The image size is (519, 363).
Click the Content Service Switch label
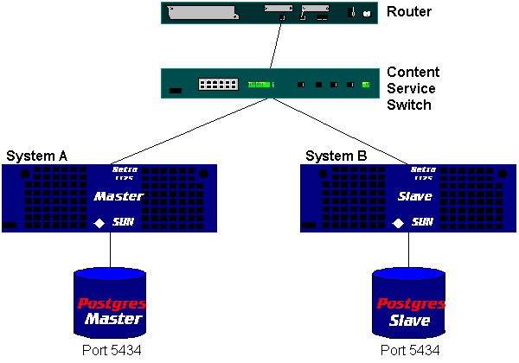point(413,89)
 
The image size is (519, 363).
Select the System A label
point(37,156)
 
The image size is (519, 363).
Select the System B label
point(336,156)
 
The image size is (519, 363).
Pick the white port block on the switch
point(218,85)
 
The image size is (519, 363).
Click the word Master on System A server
point(118,196)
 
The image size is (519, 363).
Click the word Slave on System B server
point(417,196)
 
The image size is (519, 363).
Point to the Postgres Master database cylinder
point(110,302)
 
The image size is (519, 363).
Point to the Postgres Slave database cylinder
point(409,302)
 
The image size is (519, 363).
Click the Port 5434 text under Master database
point(111,350)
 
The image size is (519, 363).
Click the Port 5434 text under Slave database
point(410,350)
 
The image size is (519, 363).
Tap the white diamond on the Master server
point(100,222)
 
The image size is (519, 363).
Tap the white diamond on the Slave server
point(399,222)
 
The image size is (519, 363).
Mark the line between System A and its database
point(111,250)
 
